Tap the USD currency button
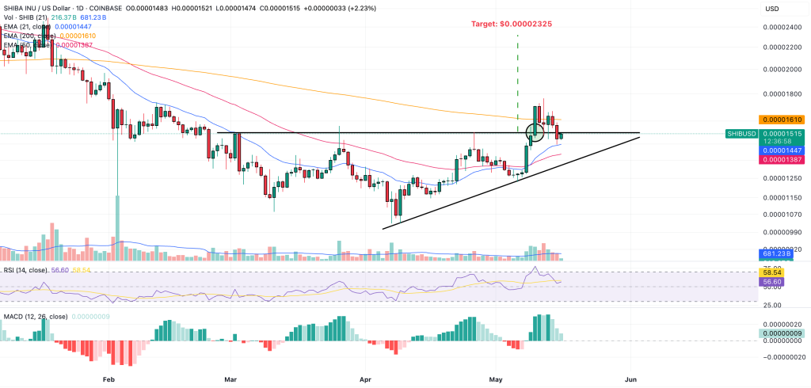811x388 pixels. (771, 9)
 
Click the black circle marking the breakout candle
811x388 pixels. (535, 132)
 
